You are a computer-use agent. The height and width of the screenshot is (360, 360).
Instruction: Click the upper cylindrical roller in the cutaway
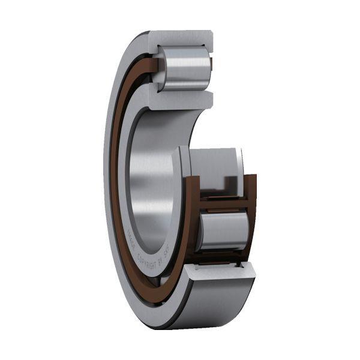pos(185,67)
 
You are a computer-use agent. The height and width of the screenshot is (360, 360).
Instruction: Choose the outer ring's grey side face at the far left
pos(108,180)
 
